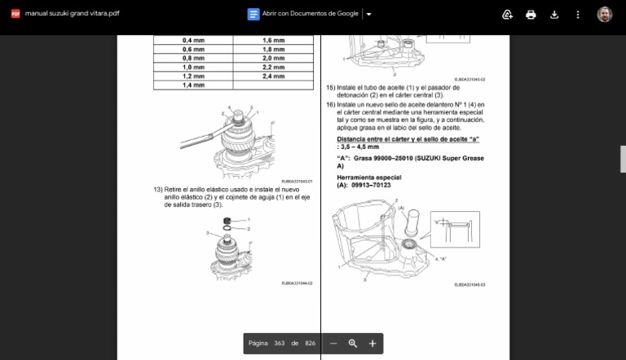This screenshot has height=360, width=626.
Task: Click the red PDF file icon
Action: pos(15,14)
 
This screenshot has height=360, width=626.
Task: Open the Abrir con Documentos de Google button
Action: pos(303,14)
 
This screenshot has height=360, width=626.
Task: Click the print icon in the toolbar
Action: pos(531,15)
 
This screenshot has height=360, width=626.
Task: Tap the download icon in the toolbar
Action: pos(554,15)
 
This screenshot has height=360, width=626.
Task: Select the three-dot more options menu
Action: pos(578,15)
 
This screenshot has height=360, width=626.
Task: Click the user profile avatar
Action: pos(604,15)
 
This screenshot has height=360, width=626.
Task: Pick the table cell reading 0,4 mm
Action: pos(193,40)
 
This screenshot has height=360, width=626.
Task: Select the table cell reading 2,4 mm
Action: pos(273,76)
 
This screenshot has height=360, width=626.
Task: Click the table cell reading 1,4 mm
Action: pos(193,85)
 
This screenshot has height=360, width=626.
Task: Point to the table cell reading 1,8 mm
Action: pos(273,49)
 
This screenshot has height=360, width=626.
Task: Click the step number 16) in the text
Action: pos(330,105)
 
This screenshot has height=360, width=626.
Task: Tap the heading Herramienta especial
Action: pos(368,177)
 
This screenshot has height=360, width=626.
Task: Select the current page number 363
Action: pos(279,344)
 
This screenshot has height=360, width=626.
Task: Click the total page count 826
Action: pos(310,344)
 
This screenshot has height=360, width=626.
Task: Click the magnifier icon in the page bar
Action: pos(353,344)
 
